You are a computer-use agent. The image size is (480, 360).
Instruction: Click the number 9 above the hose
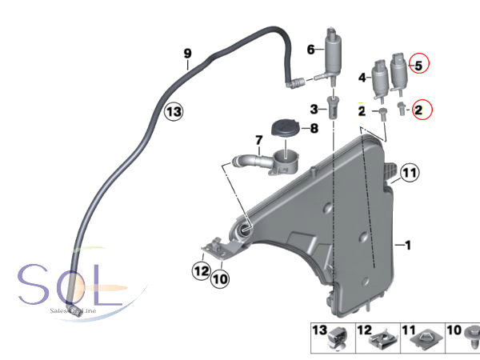[x=187, y=54]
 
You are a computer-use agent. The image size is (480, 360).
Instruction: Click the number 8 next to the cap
[x=314, y=127]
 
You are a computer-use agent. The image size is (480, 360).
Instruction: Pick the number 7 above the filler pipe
[x=258, y=141]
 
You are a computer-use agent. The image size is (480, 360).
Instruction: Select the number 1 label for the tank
[x=406, y=246]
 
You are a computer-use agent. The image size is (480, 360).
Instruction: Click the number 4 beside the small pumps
[x=362, y=78]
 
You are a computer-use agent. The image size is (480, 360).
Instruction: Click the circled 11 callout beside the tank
[x=409, y=173]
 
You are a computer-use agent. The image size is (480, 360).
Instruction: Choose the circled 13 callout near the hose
[x=174, y=112]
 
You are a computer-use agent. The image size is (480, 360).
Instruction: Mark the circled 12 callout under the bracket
[x=199, y=270]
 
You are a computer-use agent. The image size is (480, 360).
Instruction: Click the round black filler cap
[x=282, y=128]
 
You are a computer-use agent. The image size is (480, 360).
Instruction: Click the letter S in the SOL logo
[x=34, y=286]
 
